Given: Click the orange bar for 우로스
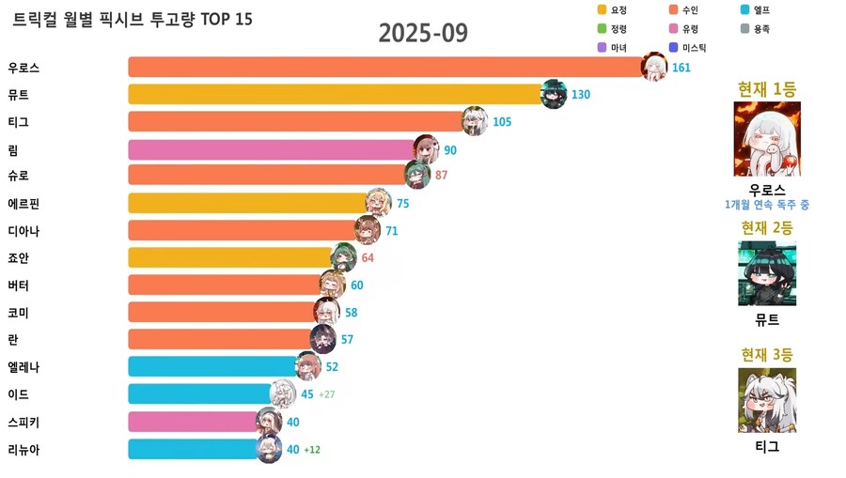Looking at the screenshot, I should click(385, 68).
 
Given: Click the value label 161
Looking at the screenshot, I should click(681, 68).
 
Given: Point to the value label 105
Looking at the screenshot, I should click(502, 122).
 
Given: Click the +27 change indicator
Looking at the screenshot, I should click(326, 394).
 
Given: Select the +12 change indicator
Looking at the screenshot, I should click(312, 450).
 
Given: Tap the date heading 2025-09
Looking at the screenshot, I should click(423, 33).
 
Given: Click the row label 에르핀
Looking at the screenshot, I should click(23, 204).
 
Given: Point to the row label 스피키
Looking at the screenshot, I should click(23, 422).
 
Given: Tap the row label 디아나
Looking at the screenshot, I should click(23, 231).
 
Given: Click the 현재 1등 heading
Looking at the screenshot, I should click(767, 89).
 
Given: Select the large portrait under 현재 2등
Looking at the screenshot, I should click(767, 273).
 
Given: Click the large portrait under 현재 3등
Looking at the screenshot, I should click(767, 400).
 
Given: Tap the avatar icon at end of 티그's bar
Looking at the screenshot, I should click(475, 121).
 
